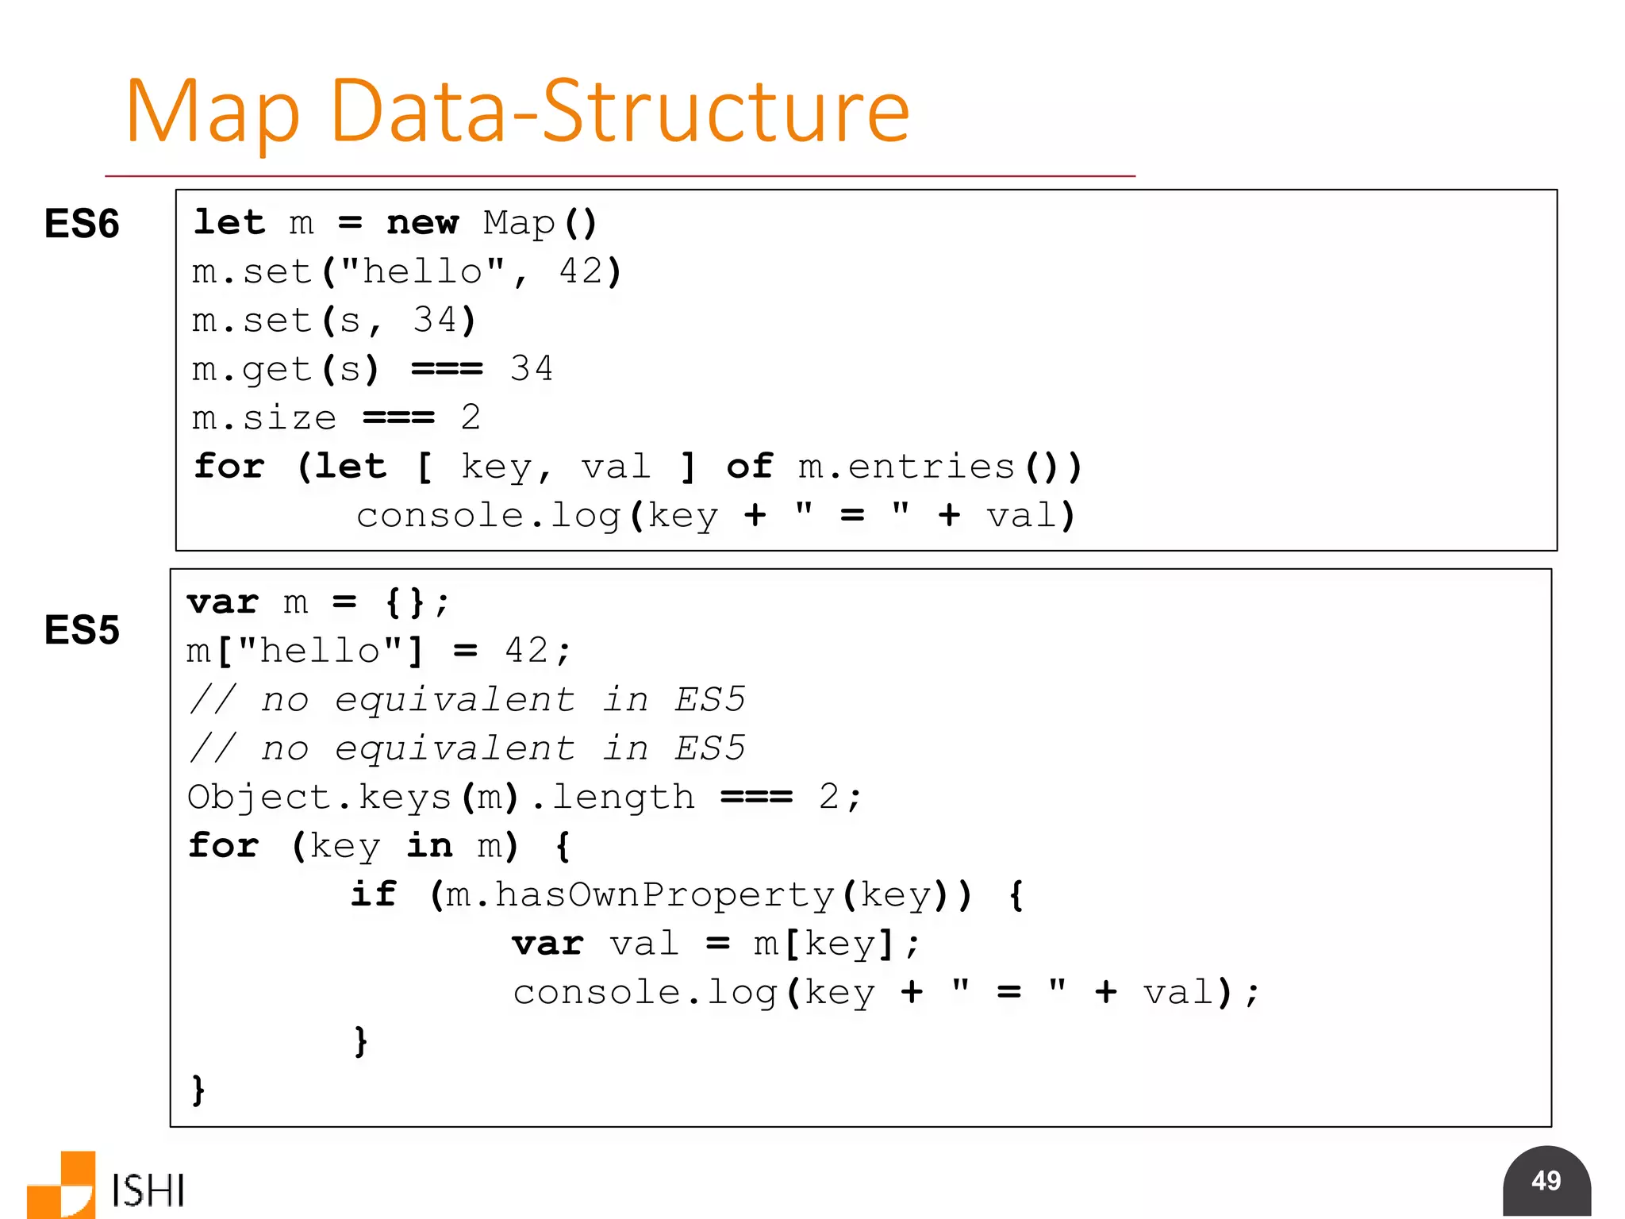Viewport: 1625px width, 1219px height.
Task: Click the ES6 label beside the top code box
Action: (x=82, y=223)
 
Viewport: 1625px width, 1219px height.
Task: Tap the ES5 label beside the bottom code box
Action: (x=82, y=629)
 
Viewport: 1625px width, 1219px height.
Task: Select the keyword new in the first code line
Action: (x=422, y=223)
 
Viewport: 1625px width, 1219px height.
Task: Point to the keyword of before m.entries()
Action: (x=749, y=467)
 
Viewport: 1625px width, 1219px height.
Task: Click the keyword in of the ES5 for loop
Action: (x=429, y=846)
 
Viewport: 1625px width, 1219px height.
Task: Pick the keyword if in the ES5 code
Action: (x=374, y=895)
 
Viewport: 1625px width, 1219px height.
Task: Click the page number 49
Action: (x=1546, y=1181)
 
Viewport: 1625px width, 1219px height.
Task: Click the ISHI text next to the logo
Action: (x=148, y=1190)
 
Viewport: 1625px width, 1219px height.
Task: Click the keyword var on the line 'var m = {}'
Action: (x=223, y=602)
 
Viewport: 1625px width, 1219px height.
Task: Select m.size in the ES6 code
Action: (x=264, y=417)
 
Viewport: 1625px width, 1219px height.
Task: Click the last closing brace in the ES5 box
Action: (x=198, y=1090)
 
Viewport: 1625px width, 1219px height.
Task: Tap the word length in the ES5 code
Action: (x=624, y=797)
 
